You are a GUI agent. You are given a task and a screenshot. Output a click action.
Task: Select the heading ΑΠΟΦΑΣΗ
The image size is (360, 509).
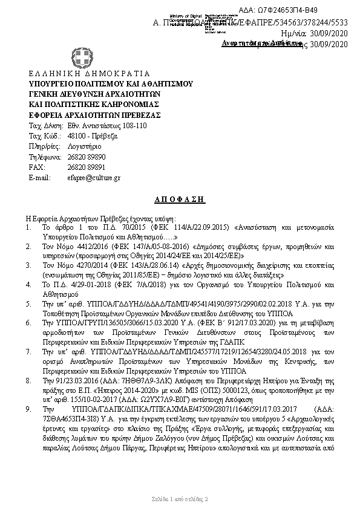[x=180, y=199]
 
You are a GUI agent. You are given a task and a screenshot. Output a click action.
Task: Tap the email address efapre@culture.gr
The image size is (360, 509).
[x=94, y=178]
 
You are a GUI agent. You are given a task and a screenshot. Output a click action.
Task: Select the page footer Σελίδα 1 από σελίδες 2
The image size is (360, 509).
[x=180, y=499]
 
